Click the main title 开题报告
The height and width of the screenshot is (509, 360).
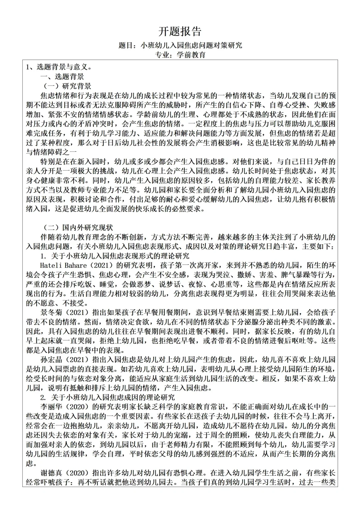click(180, 31)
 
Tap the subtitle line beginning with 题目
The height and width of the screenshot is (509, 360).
click(180, 45)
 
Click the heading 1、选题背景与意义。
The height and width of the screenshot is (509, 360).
click(59, 67)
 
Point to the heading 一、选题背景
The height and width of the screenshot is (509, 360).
click(62, 77)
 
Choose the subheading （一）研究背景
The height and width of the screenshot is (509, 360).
click(66, 86)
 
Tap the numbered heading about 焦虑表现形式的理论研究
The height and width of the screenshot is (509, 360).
click(115, 256)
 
